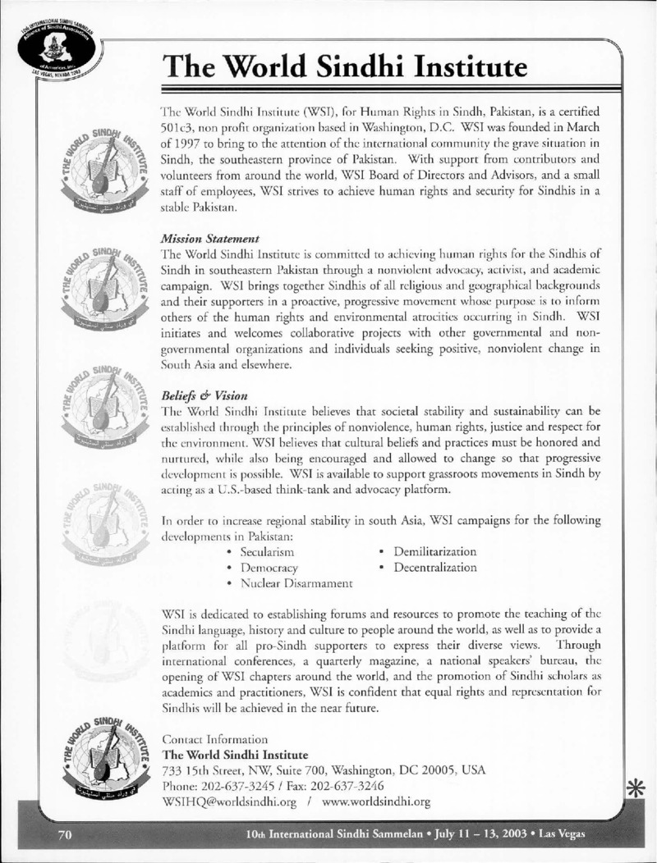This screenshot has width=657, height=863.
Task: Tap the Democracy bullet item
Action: (268, 568)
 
